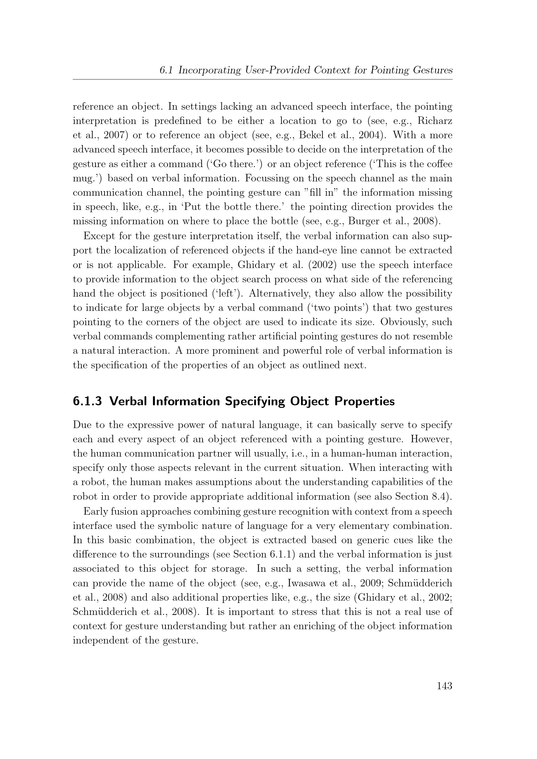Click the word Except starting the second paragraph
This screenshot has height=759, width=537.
(99, 236)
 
